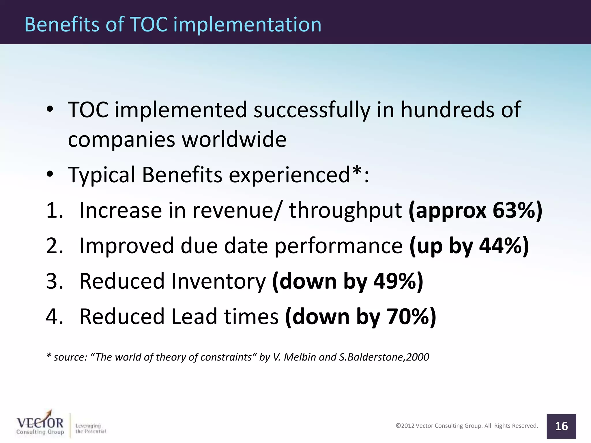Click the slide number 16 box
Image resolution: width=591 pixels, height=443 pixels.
(x=561, y=426)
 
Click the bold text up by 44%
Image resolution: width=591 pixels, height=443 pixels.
(x=469, y=246)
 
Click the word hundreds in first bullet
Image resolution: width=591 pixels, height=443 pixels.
(x=448, y=110)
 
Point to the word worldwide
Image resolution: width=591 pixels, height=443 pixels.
(x=234, y=140)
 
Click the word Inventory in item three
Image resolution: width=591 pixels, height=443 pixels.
(x=218, y=281)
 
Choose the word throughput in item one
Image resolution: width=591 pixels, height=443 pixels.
(x=345, y=211)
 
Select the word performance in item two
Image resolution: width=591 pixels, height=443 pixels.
(x=338, y=246)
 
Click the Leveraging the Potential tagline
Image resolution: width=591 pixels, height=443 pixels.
(x=90, y=429)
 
